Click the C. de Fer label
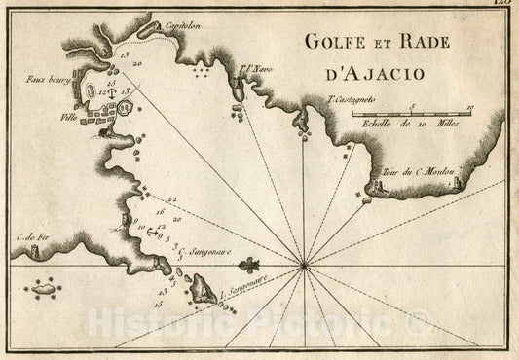pyautogui.click(x=32, y=236)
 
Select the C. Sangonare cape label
pyautogui.click(x=204, y=250)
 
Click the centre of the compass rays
pyautogui.click(x=304, y=263)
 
